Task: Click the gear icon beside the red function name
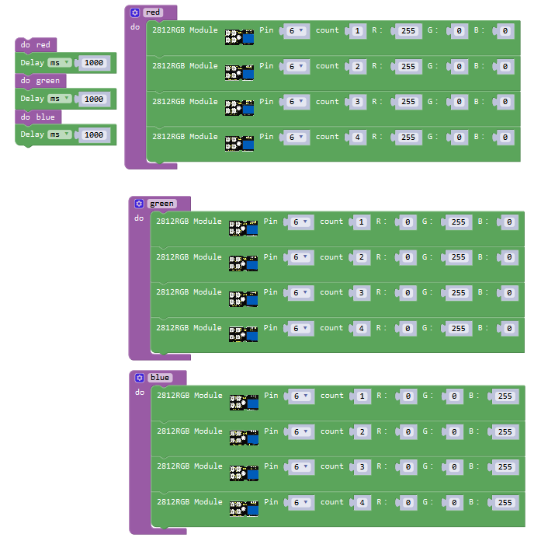(135, 12)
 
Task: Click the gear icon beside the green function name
(139, 204)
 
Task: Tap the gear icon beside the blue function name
(139, 378)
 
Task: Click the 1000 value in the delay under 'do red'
(93, 62)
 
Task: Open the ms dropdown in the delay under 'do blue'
(59, 134)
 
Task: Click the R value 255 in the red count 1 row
(408, 31)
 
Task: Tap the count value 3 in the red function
(357, 102)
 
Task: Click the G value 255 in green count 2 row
(458, 258)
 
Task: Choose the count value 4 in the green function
(361, 329)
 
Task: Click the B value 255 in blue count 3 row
(505, 467)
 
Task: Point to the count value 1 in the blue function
(362, 396)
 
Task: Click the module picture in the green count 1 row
(243, 227)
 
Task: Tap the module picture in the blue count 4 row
(244, 507)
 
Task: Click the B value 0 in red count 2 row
(505, 67)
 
